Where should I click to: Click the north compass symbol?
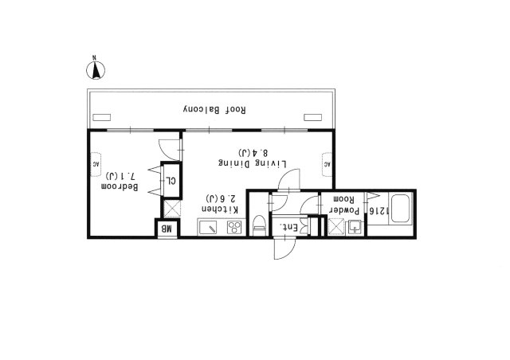(96, 70)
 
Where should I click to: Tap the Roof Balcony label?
(214, 110)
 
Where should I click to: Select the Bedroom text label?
(120, 186)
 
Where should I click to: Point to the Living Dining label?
(253, 163)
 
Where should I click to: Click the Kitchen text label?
(221, 209)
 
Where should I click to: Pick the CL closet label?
(171, 181)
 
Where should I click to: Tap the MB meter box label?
(167, 229)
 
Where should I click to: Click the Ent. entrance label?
(288, 228)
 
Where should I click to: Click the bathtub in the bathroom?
(401, 209)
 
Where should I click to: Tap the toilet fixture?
(260, 225)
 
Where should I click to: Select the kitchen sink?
(208, 227)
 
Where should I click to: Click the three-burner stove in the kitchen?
(234, 227)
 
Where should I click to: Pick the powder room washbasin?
(355, 227)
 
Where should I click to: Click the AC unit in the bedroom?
(96, 165)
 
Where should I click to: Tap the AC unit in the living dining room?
(327, 165)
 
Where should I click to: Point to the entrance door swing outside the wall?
(285, 248)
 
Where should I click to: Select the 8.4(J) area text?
(253, 152)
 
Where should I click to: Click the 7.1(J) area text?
(120, 176)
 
